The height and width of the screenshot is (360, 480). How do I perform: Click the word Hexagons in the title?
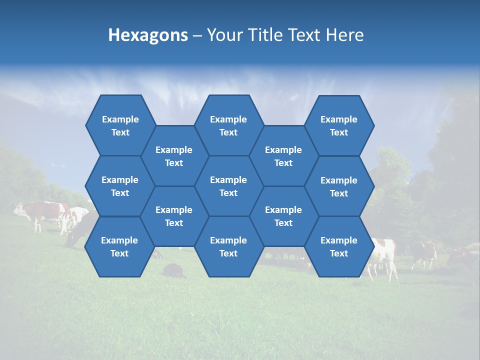click(x=148, y=35)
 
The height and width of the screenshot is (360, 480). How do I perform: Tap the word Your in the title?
click(x=222, y=35)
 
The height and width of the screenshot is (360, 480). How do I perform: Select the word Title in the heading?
click(x=262, y=35)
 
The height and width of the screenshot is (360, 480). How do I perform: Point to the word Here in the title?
click(x=345, y=35)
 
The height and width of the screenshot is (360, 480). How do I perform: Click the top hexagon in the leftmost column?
click(x=120, y=125)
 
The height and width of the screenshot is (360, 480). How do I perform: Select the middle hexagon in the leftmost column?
click(x=120, y=186)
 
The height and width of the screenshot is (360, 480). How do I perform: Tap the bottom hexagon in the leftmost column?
click(x=119, y=246)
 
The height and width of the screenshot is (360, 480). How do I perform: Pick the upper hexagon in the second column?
click(x=174, y=156)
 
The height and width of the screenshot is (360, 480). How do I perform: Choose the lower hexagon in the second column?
click(x=174, y=216)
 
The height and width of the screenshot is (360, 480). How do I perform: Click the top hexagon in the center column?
click(x=228, y=125)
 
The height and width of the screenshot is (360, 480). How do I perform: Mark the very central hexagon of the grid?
click(x=228, y=186)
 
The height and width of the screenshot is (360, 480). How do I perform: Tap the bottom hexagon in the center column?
click(x=228, y=246)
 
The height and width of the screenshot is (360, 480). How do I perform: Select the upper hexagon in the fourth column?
click(x=283, y=156)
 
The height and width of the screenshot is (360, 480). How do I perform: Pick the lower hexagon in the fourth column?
click(x=283, y=216)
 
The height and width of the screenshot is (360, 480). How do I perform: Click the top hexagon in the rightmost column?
click(x=339, y=125)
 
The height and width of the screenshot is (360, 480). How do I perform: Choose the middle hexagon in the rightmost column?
click(x=339, y=186)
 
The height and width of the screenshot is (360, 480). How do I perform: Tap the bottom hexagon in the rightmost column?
click(x=339, y=246)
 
